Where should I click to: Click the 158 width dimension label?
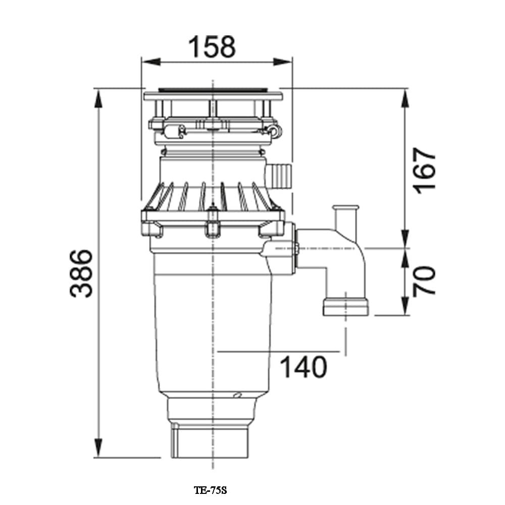[212, 46]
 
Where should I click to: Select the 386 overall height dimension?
[81, 273]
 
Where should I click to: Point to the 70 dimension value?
[424, 281]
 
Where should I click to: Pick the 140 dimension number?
[303, 367]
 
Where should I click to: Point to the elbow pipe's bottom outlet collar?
[345, 307]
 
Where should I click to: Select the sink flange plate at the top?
[213, 95]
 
